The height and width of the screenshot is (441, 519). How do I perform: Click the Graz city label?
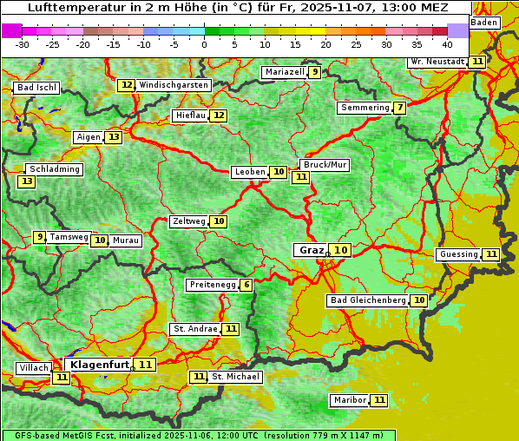pos(310,250)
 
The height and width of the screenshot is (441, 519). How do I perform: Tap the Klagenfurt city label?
pos(99,365)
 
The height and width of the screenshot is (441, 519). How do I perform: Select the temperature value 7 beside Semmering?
pos(398,108)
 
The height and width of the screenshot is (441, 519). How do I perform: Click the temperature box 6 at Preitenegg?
pos(246,285)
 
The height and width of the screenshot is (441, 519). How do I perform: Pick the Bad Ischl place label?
pos(36,88)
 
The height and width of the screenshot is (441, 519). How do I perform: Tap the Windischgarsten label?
pos(174,85)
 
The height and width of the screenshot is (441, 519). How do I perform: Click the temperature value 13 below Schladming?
pos(27,181)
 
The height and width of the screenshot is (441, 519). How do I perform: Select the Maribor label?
pos(349,400)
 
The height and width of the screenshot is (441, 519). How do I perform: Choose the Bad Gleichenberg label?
pos(367,300)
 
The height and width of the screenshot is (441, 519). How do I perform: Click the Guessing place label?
pos(459,254)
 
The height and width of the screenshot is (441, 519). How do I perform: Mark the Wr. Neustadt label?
pos(437,62)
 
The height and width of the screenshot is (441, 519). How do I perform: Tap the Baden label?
pos(484,22)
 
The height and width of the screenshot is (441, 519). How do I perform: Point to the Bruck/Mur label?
pos(325,164)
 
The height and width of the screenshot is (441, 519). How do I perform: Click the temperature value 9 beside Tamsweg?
pos(39,237)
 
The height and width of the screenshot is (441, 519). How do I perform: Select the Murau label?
pos(127,240)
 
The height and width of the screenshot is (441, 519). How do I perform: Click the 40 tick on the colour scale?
pos(447,44)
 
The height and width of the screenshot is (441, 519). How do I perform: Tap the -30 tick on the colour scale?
pos(23,44)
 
